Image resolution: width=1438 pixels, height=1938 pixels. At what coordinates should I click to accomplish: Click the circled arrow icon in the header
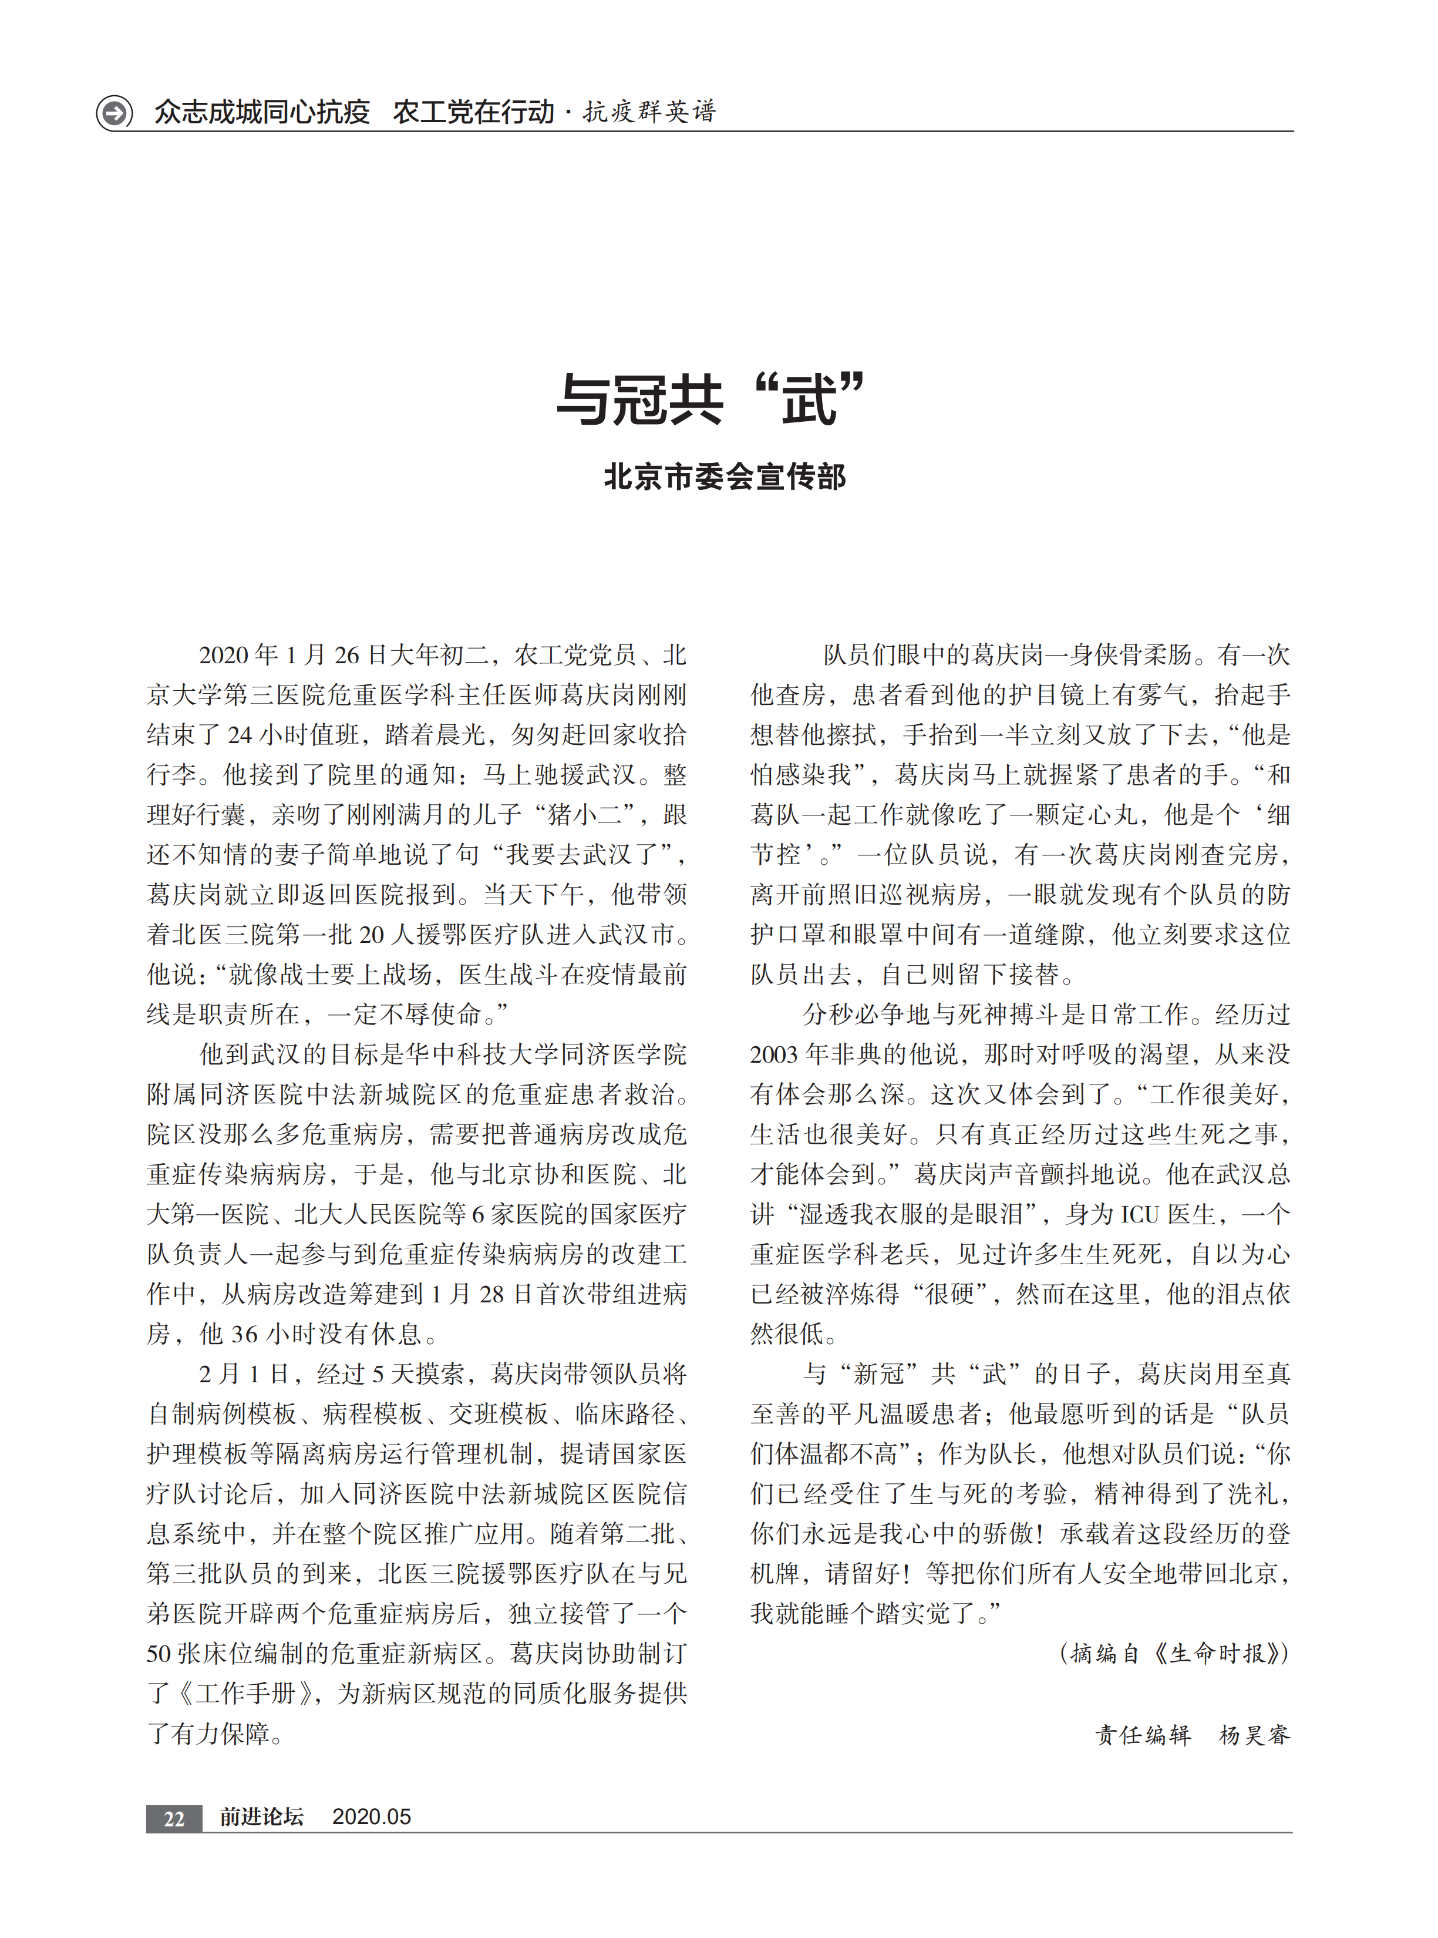(x=114, y=112)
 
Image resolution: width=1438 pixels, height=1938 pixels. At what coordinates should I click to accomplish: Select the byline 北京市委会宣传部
(x=724, y=477)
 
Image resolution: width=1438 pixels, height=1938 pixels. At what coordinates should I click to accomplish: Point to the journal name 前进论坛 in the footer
(x=261, y=1817)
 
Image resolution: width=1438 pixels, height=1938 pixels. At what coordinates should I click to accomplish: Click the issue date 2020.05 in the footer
(x=371, y=1817)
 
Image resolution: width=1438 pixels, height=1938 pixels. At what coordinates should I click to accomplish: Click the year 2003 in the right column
(x=774, y=1054)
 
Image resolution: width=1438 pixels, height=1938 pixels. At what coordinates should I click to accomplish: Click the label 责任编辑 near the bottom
(x=1142, y=1735)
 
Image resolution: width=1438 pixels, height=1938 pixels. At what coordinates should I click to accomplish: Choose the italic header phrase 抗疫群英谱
(x=649, y=112)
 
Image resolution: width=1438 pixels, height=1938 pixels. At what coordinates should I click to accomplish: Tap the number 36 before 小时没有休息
(x=244, y=1334)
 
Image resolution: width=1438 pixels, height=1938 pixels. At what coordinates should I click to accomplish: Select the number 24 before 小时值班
(x=240, y=735)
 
